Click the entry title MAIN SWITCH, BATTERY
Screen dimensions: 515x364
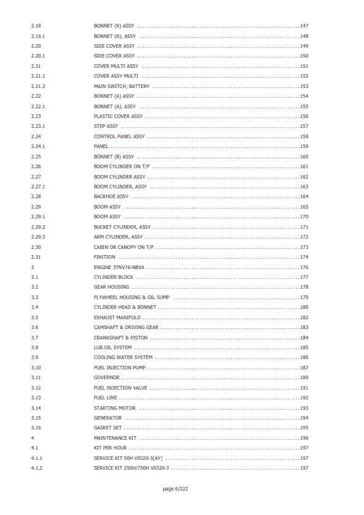point(121,86)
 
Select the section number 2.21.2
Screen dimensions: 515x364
point(38,86)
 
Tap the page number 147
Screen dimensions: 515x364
point(304,26)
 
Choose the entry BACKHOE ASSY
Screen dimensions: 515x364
point(111,197)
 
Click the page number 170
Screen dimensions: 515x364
point(304,217)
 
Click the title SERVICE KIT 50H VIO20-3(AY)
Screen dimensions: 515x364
point(127,458)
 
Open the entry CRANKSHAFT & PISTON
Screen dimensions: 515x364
point(120,338)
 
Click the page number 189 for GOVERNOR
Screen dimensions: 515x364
point(304,378)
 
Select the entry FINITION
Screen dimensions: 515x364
point(104,257)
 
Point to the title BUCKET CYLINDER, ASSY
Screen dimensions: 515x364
point(122,227)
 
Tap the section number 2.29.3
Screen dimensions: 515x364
point(38,237)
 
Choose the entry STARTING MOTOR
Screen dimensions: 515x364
point(114,408)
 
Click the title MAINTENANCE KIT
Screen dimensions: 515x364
point(114,438)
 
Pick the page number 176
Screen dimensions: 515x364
point(304,267)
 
